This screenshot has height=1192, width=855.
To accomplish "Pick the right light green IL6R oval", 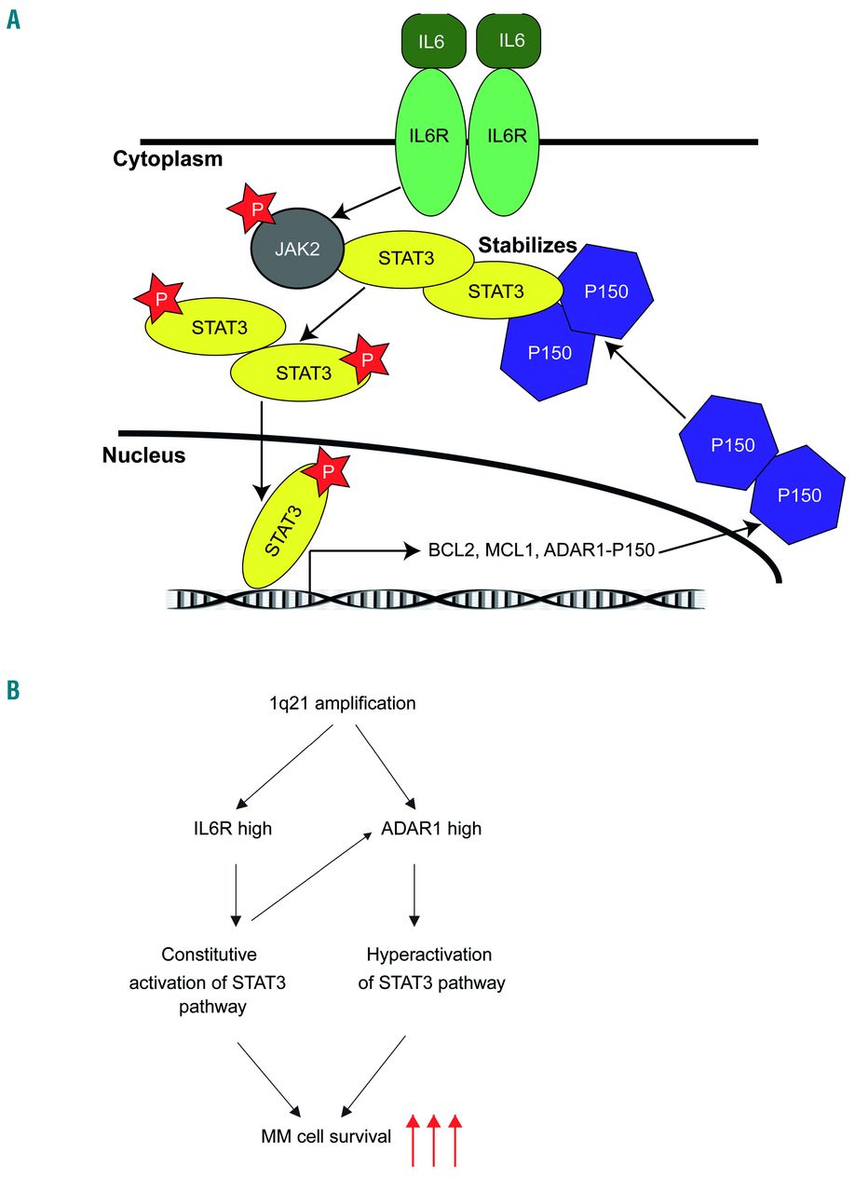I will pos(506,137).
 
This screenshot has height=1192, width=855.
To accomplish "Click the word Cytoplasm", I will pos(169,159).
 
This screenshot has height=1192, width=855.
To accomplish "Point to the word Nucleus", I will pos(144,456).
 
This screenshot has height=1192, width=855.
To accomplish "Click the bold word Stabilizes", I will pos(527,245).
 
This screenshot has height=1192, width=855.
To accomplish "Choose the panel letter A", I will pos(13,18).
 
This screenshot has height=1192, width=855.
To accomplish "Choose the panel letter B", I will pos(13,689).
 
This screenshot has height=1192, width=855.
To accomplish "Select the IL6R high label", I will pos(227,828).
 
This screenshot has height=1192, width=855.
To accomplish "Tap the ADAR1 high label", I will pos(430,828).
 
